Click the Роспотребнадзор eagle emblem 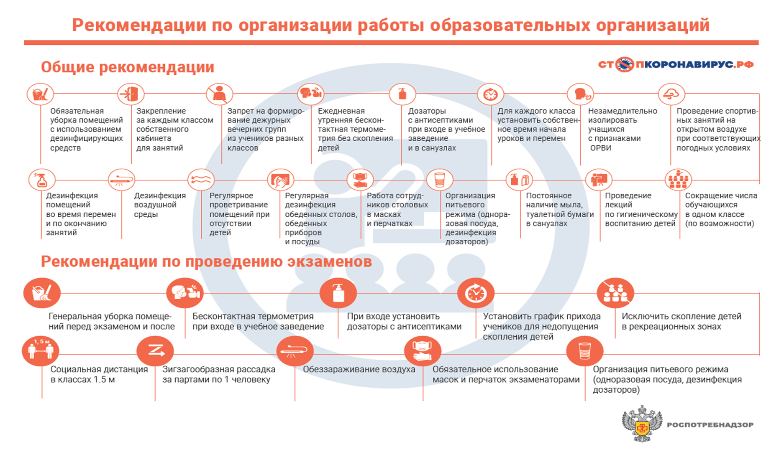(642, 424)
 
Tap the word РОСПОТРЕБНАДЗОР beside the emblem (710, 425)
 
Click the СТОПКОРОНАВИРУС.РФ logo (676, 64)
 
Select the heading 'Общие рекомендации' (128, 67)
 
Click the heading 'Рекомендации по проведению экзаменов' (206, 262)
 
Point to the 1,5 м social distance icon (41, 351)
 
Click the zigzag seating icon (155, 351)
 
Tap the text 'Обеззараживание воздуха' (359, 369)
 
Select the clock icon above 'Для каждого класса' (490, 94)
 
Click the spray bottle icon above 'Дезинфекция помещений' (42, 180)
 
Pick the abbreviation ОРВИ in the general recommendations (601, 148)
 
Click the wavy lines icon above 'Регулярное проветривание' (201, 180)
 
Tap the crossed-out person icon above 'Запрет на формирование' (220, 94)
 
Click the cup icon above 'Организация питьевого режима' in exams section (585, 351)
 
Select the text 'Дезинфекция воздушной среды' (160, 205)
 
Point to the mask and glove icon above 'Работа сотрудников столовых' (360, 180)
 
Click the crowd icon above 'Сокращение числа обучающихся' (678, 180)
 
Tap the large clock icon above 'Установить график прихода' (476, 293)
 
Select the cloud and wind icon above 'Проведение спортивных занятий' (671, 94)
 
